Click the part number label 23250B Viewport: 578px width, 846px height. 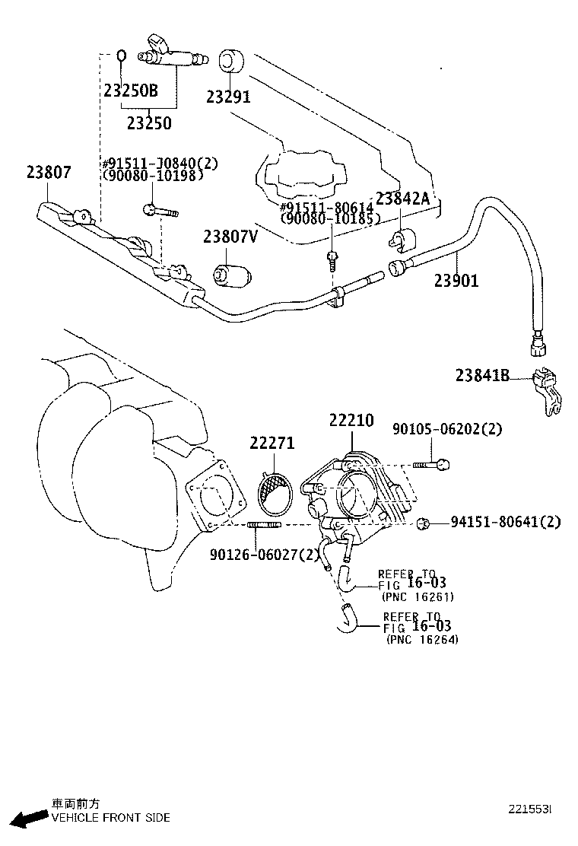point(131,91)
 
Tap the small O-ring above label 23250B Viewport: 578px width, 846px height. point(122,56)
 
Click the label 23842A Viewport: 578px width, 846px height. point(403,199)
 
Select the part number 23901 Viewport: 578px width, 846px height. point(456,281)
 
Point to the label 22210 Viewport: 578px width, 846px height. point(351,421)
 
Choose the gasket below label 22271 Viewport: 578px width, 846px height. point(275,491)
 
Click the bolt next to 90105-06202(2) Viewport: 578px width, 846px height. point(432,463)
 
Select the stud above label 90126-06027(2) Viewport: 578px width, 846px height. point(265,524)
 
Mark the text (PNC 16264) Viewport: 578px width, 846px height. point(422,640)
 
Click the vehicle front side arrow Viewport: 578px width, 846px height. point(27,818)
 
